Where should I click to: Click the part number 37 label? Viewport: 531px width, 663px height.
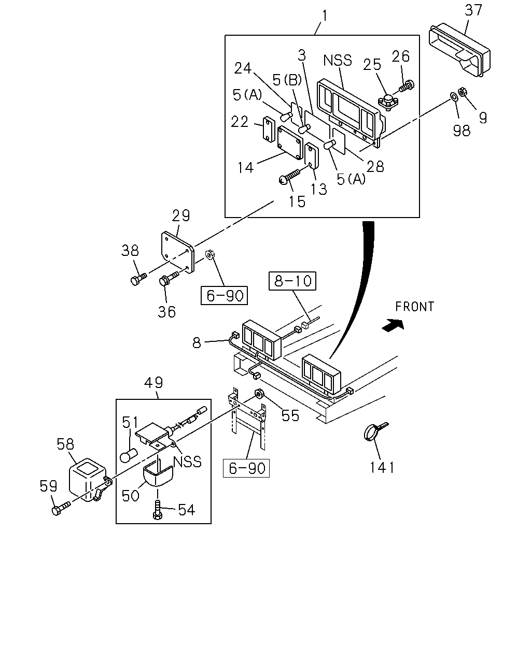473,10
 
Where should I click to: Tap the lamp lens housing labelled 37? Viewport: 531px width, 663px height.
459,50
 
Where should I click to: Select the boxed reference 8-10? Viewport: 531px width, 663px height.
292,281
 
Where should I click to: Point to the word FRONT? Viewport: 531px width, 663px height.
415,307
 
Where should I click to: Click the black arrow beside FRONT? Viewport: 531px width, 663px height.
393,325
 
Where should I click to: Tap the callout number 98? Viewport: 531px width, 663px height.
462,131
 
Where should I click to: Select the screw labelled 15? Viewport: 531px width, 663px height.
290,177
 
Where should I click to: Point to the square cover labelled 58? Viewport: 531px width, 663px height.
87,480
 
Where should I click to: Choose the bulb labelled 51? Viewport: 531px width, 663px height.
129,455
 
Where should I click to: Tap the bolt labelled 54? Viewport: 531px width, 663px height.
157,509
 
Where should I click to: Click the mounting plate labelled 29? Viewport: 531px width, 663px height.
177,252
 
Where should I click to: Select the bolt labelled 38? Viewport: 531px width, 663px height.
138,278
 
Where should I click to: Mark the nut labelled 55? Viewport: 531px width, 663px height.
259,394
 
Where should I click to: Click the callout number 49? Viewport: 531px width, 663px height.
153,382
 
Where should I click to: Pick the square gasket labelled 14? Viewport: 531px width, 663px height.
290,142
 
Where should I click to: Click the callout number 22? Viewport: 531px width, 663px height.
240,122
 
